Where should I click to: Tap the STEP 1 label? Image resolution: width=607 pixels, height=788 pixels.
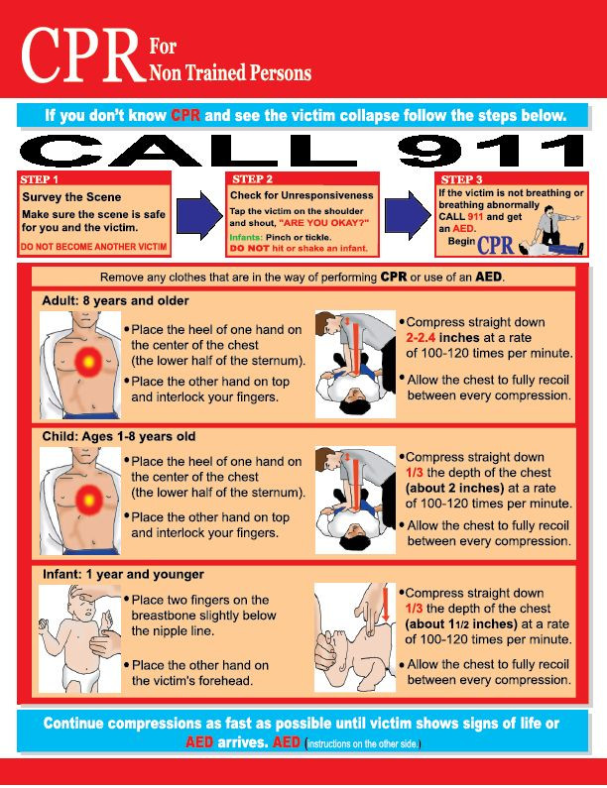pos(40,179)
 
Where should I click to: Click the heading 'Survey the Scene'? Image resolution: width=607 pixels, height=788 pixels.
pos(71,197)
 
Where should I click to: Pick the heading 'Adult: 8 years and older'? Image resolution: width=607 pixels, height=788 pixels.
pos(115,300)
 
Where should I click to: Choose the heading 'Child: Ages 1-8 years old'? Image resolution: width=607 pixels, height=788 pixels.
pos(118,436)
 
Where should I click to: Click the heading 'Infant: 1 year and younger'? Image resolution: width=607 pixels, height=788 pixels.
pos(123,574)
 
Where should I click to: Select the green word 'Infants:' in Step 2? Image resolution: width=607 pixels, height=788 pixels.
pos(249,238)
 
